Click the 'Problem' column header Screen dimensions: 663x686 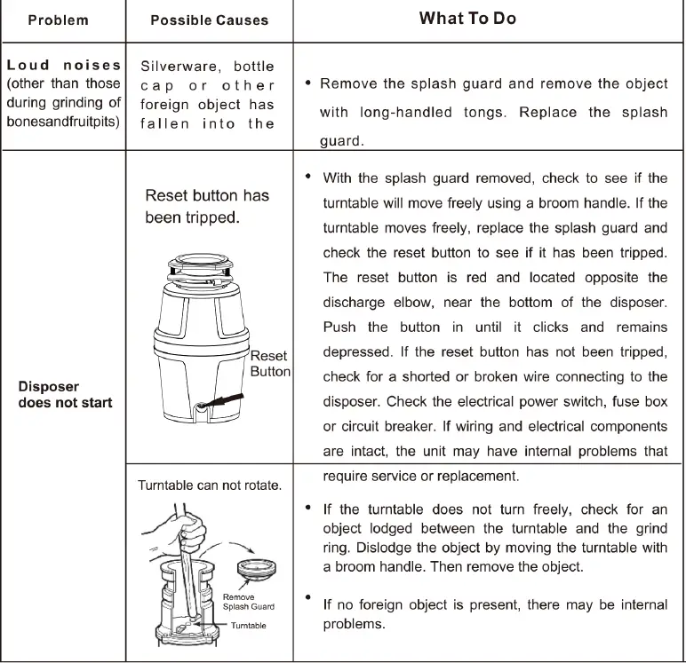coord(59,20)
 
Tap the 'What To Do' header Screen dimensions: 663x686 coord(467,19)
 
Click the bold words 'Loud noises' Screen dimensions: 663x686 coord(63,65)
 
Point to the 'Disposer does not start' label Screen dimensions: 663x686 coord(65,394)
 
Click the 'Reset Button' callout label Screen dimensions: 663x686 coord(269,363)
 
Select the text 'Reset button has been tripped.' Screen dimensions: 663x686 coord(206,206)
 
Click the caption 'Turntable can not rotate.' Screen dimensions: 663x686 coord(210,485)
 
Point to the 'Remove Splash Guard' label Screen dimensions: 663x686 coord(248,602)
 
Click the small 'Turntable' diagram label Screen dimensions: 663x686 coord(248,625)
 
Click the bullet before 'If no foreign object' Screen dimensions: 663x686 coord(307,598)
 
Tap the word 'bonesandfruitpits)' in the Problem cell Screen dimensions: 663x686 coord(63,122)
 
